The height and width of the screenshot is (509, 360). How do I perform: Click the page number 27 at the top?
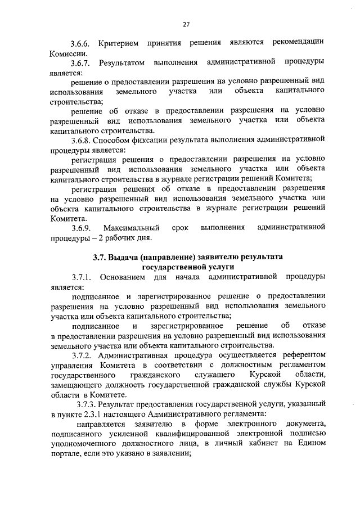[186, 24]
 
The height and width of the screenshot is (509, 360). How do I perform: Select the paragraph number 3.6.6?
[80, 43]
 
